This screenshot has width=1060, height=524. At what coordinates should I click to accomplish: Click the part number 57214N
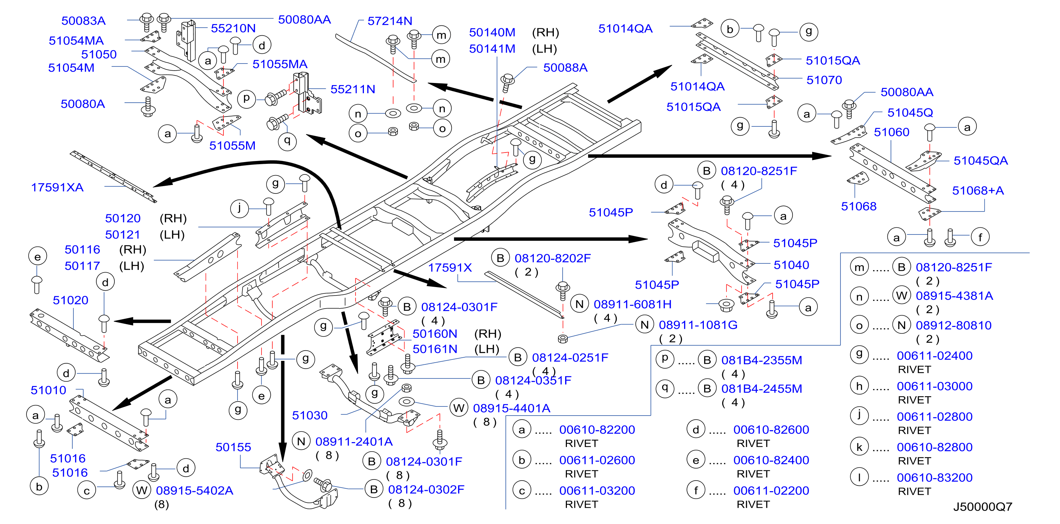tap(390, 21)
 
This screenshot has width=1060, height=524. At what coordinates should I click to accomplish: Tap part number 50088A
tap(565, 67)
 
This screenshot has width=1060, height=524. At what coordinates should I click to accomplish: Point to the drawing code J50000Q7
tap(983, 507)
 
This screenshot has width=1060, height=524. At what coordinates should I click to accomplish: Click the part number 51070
tap(824, 80)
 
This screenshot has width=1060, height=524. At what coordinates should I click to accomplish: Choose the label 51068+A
tap(978, 191)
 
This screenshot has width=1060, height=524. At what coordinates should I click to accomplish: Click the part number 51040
tap(791, 265)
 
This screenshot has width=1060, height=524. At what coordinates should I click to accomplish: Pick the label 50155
tap(233, 447)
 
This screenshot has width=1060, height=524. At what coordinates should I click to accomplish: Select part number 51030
tap(310, 415)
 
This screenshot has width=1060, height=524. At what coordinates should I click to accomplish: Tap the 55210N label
tap(233, 28)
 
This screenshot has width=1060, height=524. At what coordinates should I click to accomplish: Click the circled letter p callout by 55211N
tap(246, 99)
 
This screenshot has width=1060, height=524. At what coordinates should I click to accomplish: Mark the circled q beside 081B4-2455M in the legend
tap(665, 388)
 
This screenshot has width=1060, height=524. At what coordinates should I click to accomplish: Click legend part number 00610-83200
tap(934, 477)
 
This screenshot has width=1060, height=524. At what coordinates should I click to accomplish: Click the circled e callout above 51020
tap(37, 256)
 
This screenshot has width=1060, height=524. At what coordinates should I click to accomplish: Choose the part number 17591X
tap(450, 268)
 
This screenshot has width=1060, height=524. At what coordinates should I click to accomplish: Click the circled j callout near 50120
tap(239, 208)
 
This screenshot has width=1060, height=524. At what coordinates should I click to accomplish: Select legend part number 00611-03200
tap(597, 491)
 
